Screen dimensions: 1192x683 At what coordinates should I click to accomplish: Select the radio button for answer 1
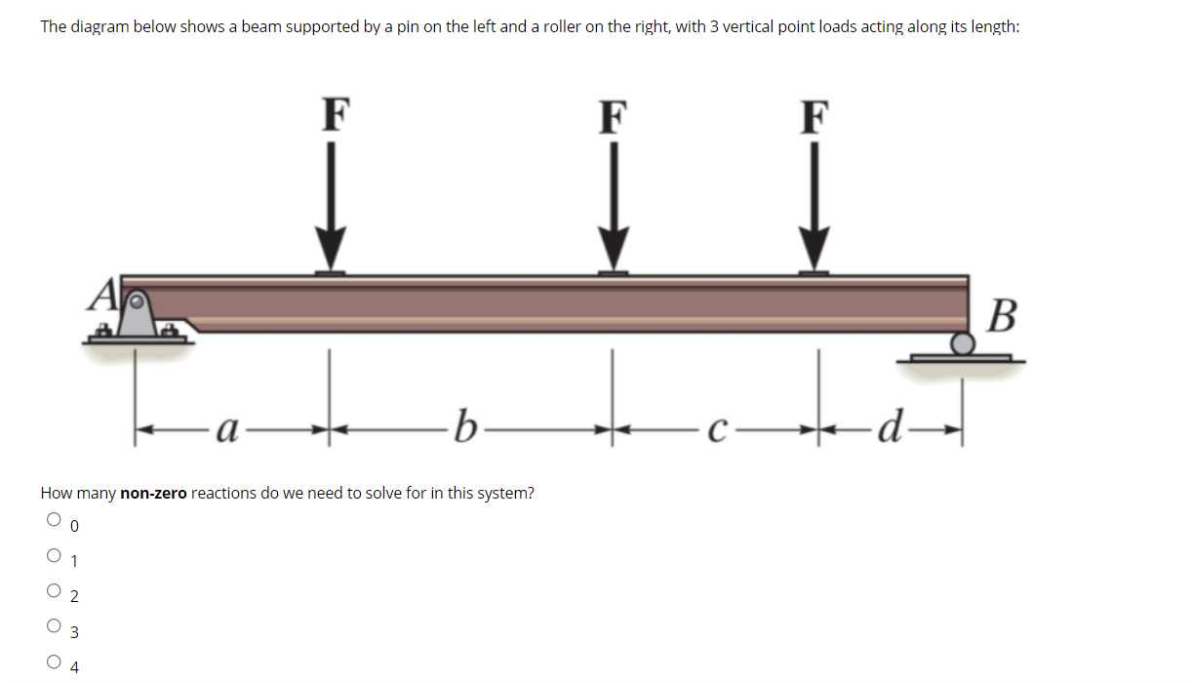pyautogui.click(x=54, y=556)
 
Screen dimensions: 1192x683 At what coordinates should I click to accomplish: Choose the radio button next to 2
pyautogui.click(x=54, y=591)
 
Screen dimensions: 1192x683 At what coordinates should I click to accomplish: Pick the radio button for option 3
pyautogui.click(x=54, y=626)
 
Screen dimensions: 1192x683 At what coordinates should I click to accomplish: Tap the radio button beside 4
pyautogui.click(x=54, y=663)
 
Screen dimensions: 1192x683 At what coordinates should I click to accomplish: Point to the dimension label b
pyautogui.click(x=468, y=426)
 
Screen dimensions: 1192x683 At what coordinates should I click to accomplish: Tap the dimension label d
pyautogui.click(x=888, y=426)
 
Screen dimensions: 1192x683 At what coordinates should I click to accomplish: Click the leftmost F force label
pyautogui.click(x=335, y=113)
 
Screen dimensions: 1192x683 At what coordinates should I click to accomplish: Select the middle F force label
pyautogui.click(x=613, y=115)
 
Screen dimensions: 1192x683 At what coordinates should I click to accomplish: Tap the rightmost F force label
pyautogui.click(x=815, y=115)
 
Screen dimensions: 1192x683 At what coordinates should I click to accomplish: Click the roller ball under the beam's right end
pyautogui.click(x=963, y=342)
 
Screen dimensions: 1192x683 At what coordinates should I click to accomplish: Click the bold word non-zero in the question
pyautogui.click(x=153, y=493)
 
